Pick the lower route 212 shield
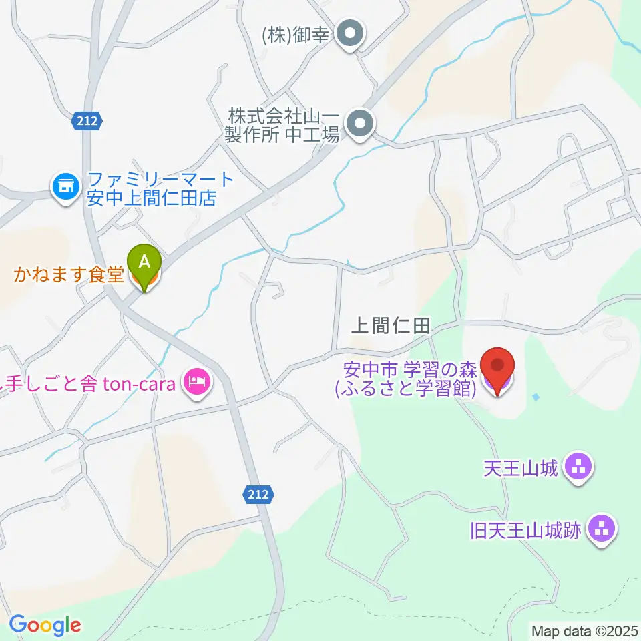[257, 494]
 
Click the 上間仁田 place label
[391, 327]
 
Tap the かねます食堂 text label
[69, 274]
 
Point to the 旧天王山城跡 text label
[527, 531]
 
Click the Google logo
[45, 625]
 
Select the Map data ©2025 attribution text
[584, 630]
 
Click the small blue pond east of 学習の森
[536, 398]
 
